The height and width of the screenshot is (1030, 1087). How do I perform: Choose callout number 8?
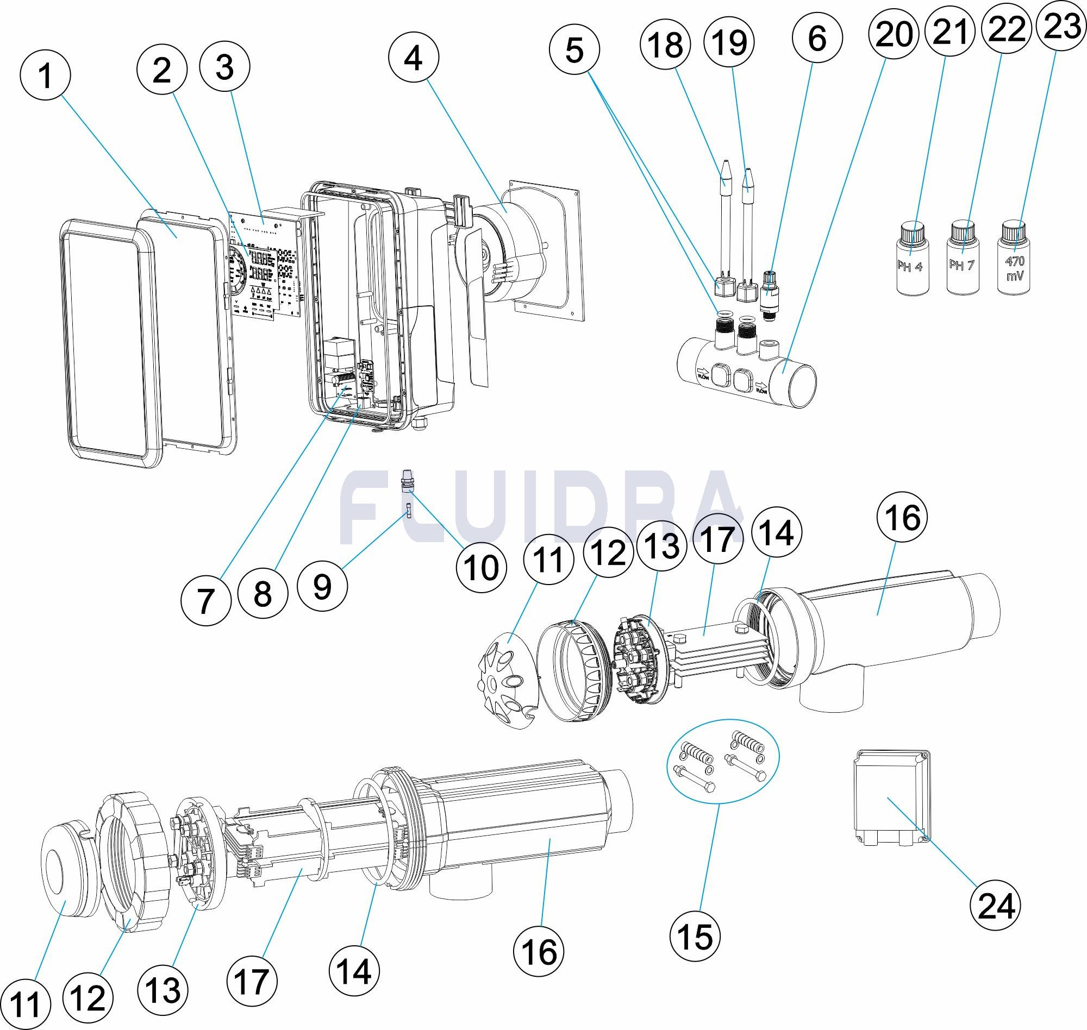point(263,594)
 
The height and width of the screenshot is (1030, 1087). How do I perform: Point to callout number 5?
point(574,50)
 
